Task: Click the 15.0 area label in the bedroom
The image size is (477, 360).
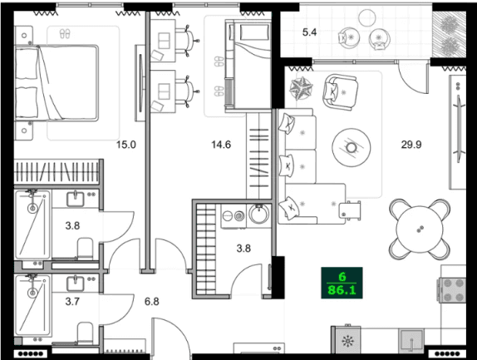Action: [125, 145]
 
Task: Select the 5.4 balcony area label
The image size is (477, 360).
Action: [310, 33]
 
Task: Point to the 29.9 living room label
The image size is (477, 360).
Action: [411, 145]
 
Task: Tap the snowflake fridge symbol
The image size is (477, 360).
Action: [347, 342]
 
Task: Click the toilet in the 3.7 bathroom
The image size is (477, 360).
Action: [83, 334]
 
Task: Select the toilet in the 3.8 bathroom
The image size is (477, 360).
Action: [83, 247]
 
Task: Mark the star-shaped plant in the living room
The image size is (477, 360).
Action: [300, 87]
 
